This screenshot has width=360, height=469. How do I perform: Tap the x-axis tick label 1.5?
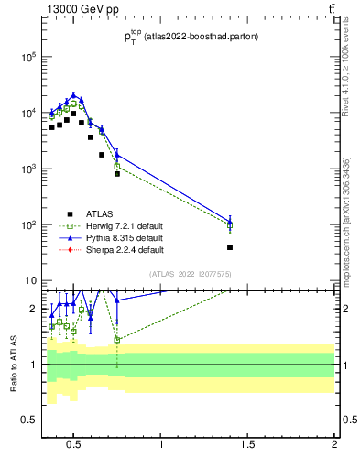point(247,446)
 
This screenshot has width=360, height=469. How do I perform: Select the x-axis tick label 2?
point(334,446)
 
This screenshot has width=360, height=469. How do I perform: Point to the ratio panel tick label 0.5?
point(29,420)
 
